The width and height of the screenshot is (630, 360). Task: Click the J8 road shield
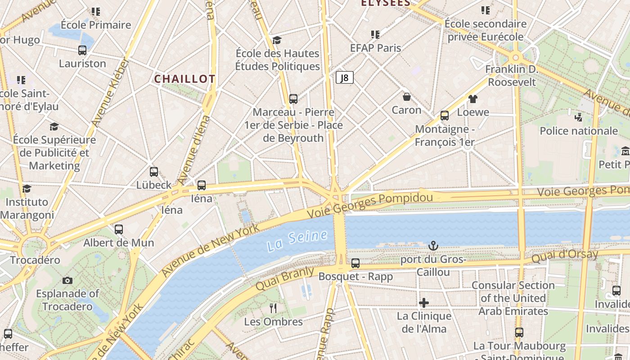point(344,77)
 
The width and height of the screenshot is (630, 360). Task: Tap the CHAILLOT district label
point(184,79)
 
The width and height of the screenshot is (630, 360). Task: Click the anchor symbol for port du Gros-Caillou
point(433,246)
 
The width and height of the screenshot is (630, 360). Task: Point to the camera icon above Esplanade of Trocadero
point(67,280)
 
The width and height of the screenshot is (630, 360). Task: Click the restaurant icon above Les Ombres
point(273,308)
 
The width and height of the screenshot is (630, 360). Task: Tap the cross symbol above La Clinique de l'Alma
point(424,303)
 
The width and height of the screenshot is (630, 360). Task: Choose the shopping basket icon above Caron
point(406,97)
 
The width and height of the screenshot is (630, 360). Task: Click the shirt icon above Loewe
point(472,99)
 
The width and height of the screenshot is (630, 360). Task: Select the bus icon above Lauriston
point(82,50)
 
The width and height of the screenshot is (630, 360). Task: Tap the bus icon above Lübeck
point(154,171)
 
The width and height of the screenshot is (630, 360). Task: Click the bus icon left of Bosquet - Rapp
point(355,263)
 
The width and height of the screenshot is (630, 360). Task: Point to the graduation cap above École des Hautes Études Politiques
point(277,40)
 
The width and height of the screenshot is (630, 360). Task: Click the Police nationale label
point(579,131)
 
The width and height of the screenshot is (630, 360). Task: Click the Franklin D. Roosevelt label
point(512,76)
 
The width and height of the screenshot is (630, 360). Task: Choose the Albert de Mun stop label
point(119,243)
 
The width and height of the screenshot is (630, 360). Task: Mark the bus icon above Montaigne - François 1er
point(445,116)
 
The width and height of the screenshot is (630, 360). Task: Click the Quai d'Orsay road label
point(565,256)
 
